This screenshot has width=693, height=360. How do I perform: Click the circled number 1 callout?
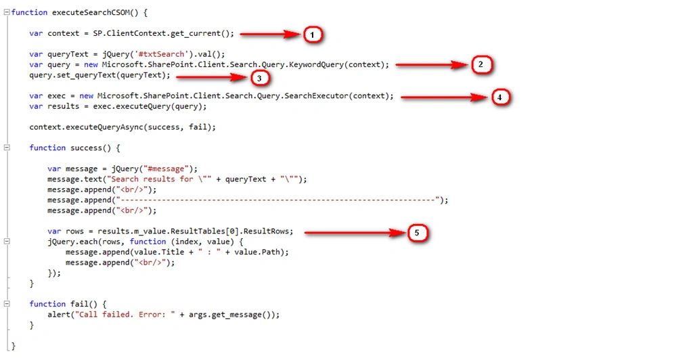pos(313,35)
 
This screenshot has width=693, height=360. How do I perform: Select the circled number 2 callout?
pos(481,64)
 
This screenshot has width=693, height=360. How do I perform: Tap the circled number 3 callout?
pos(259,78)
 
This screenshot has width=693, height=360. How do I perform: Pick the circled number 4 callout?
pos(500,97)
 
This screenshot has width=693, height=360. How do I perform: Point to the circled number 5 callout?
pos(417,233)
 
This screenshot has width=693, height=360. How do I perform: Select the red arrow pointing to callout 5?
pos(355,232)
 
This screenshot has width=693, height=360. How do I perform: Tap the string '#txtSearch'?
pos(161,54)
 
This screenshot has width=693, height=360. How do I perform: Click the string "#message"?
pos(166,168)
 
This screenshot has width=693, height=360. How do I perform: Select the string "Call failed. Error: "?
pos(125,315)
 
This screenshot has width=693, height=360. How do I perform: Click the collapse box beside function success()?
pos(7,148)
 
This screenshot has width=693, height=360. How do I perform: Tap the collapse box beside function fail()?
pos(7,303)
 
